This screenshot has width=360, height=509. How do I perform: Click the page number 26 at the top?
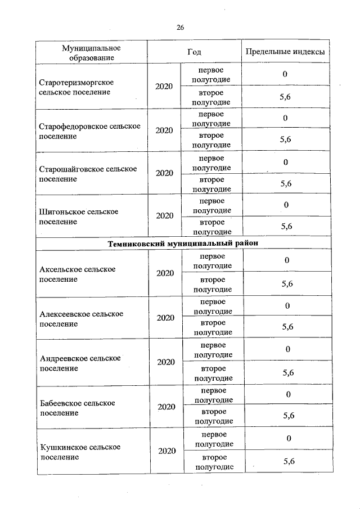pos(180,27)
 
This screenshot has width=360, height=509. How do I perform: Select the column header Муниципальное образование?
pos(91,52)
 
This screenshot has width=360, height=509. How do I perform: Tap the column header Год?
pos(194,52)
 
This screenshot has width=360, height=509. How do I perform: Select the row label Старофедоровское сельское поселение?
pos(89,131)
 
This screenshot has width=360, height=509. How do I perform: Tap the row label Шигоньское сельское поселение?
pos(79,217)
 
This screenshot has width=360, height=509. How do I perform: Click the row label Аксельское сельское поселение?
pos(78,274)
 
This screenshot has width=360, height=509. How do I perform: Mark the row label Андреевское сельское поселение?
pos(80,363)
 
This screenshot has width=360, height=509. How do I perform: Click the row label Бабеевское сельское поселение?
pos(78,408)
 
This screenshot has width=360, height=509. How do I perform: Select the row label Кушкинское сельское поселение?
pos(80,452)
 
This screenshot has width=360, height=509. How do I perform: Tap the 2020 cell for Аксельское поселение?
pos(165,273)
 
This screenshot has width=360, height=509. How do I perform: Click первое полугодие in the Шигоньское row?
pos(211,206)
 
